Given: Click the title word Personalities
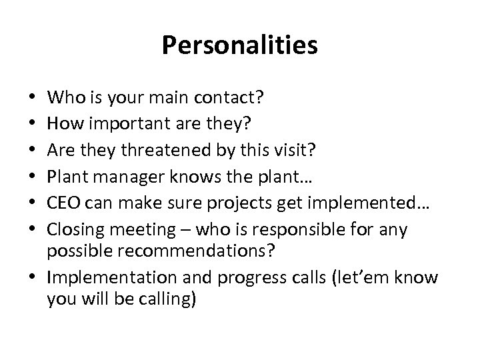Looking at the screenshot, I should tap(239, 46).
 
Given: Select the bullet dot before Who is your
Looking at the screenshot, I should tap(34, 99).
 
